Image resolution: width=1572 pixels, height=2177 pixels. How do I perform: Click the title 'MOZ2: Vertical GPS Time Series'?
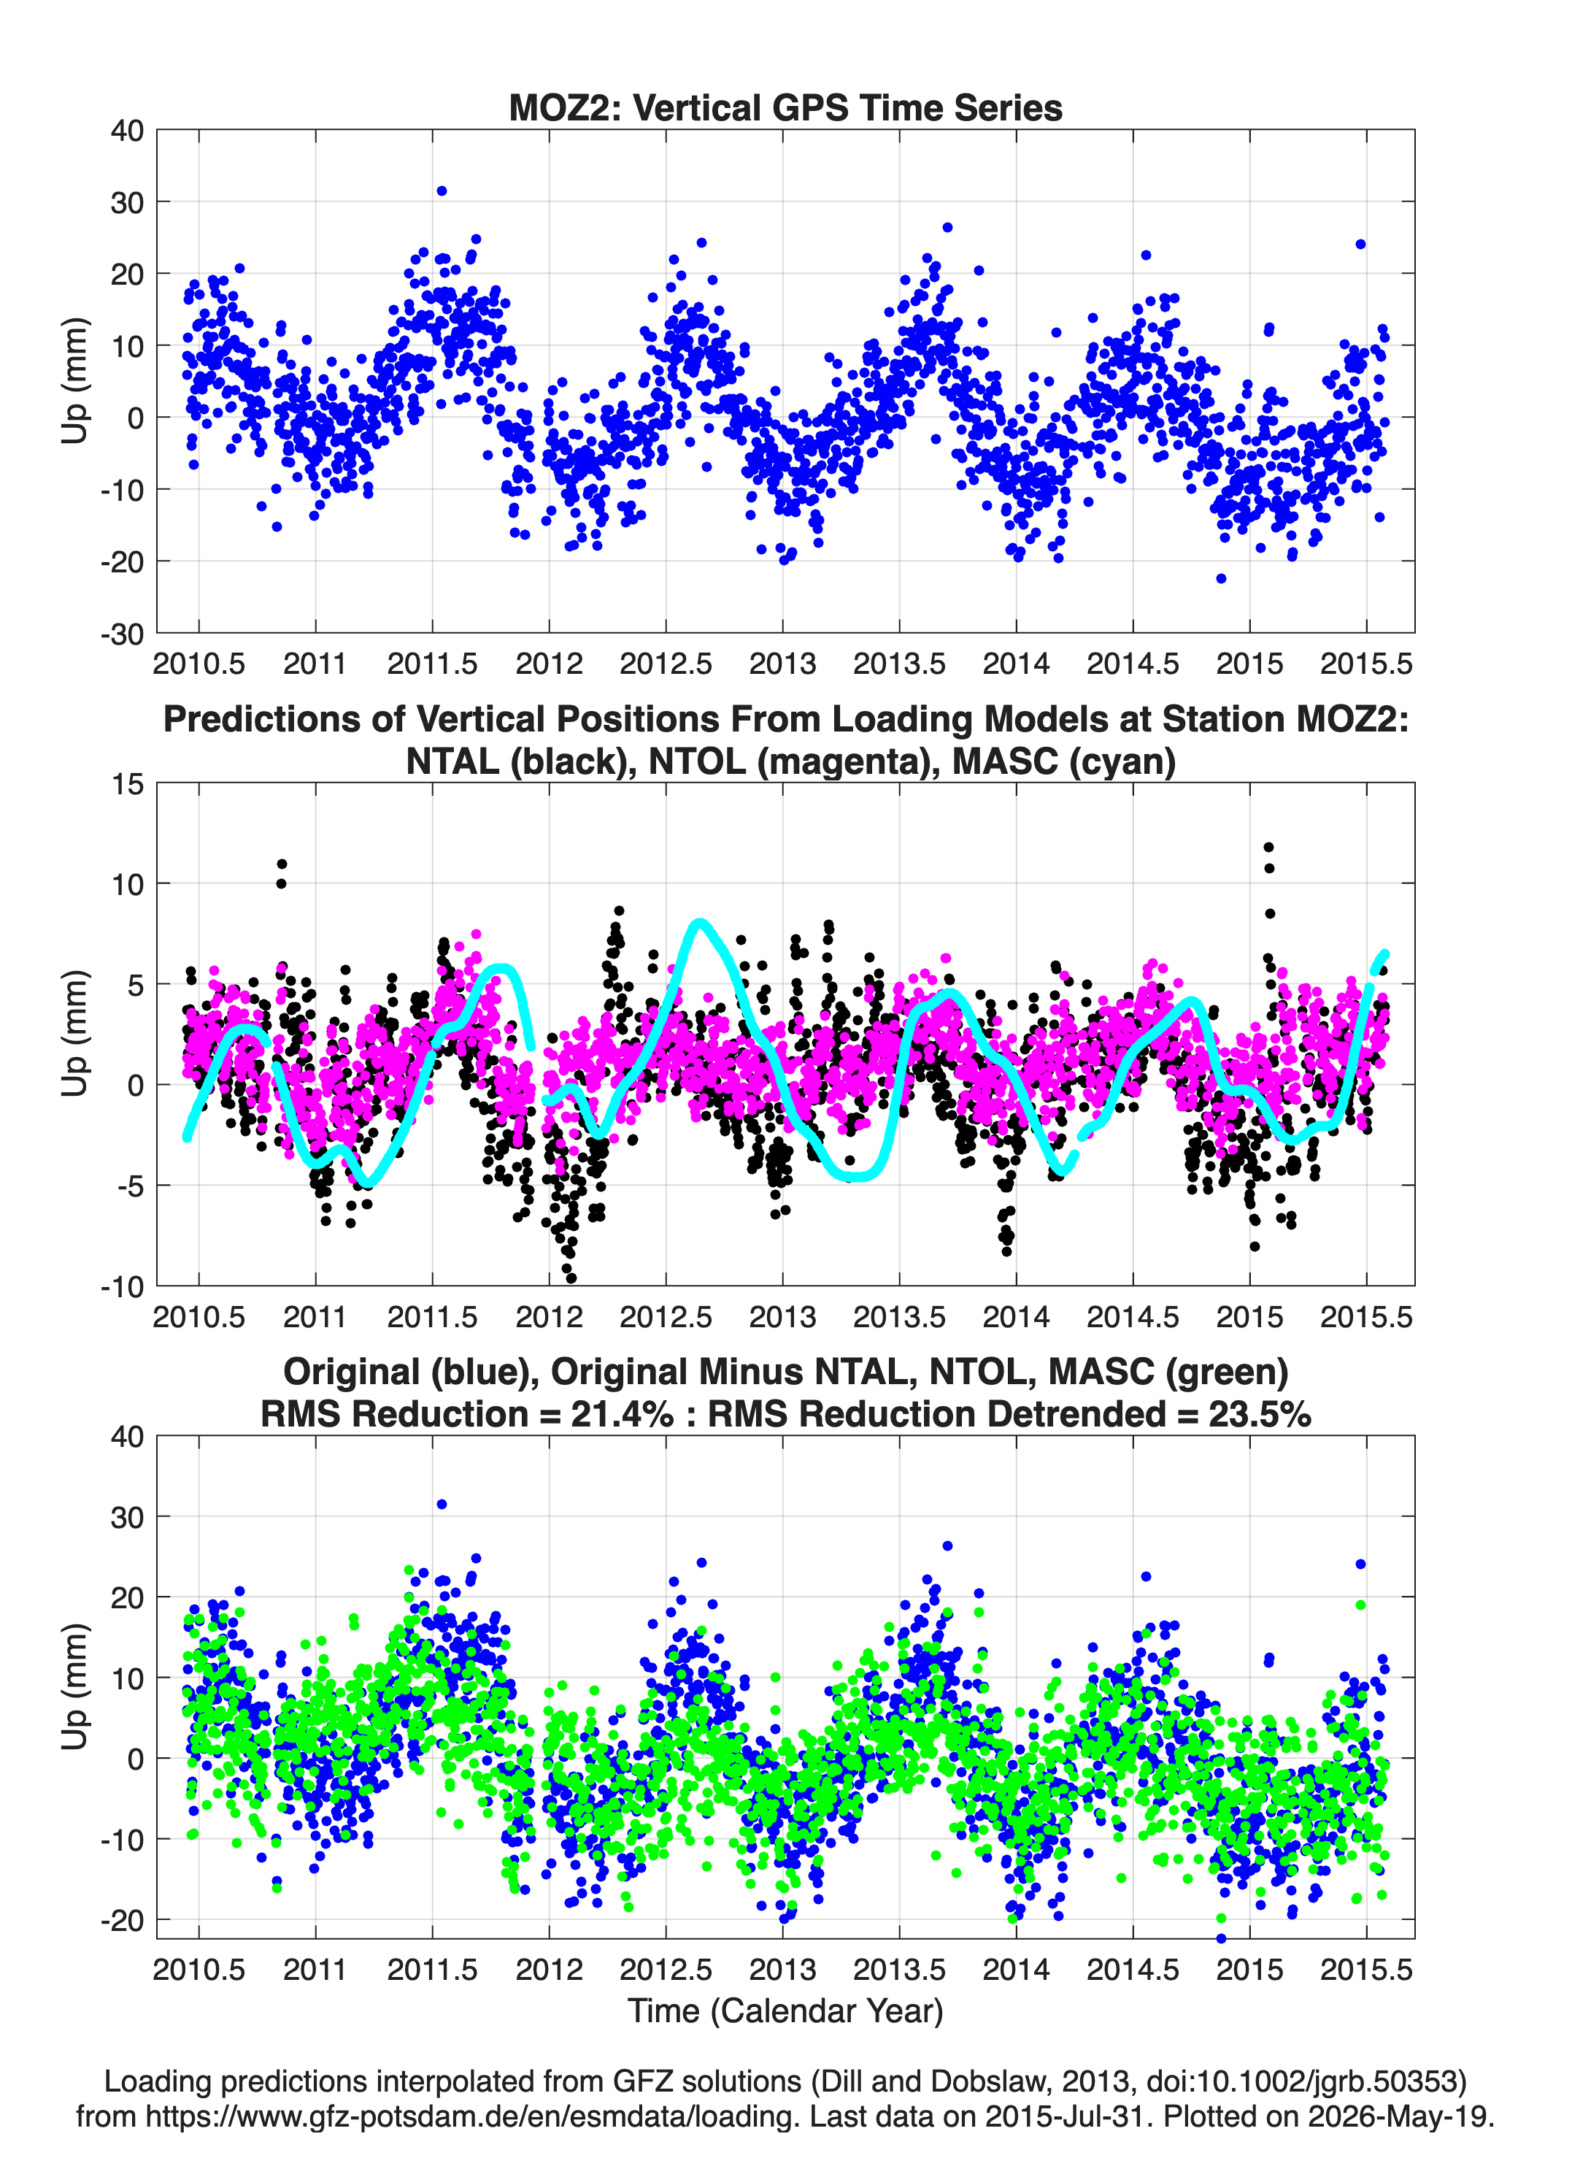pyautogui.click(x=785, y=107)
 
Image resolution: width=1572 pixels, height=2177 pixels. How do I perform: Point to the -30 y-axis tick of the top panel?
pyautogui.click(x=123, y=634)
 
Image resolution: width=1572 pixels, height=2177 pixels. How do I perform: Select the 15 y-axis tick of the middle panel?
pyautogui.click(x=128, y=783)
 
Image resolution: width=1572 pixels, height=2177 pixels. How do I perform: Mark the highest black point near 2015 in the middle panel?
pyautogui.click(x=1268, y=848)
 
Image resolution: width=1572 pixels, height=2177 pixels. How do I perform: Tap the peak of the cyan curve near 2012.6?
pyautogui.click(x=701, y=924)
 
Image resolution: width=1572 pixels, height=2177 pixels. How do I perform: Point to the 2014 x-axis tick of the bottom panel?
pyautogui.click(x=1017, y=1969)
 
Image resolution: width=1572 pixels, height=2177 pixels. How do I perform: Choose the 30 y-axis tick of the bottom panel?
pyautogui.click(x=128, y=1516)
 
